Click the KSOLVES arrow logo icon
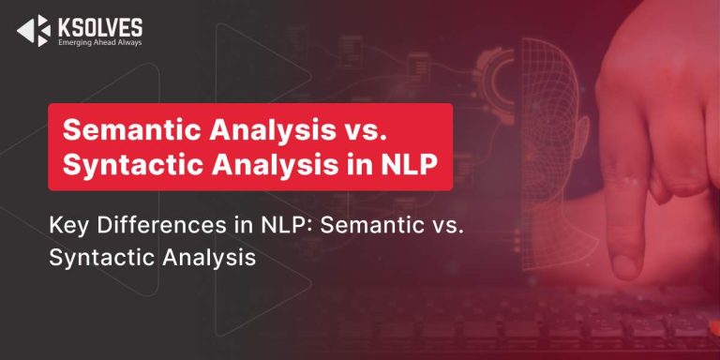pos(34,31)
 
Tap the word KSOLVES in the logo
pos(100,27)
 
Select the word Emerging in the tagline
pos(70,42)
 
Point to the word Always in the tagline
pos(131,42)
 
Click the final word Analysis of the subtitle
pos(209,258)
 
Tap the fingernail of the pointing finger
pos(627,265)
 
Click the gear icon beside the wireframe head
pos(497,85)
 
